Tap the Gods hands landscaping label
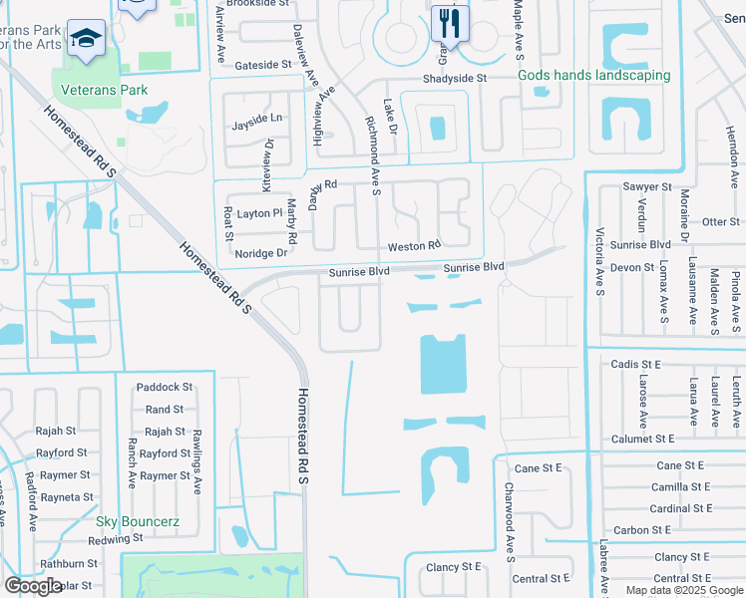coord(594,76)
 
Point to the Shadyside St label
coord(454,78)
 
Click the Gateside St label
coord(262,65)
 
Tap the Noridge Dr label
coord(261,253)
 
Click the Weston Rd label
coord(414,246)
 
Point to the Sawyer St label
coord(647,186)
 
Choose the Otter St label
coord(720,221)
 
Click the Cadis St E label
coord(636,365)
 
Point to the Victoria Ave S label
coord(600,262)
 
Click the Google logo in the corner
coord(33,586)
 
